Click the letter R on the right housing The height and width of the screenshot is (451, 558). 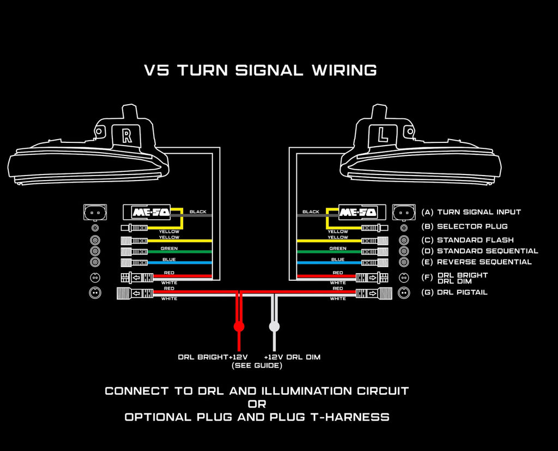(127, 135)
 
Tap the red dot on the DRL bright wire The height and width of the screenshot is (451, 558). (239, 327)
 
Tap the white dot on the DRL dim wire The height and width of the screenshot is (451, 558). (275, 327)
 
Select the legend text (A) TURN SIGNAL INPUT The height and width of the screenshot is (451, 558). (471, 212)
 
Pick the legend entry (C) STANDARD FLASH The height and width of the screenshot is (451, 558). (468, 240)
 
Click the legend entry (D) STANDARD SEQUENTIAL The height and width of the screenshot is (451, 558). (480, 251)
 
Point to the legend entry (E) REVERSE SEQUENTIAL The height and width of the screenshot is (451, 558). (476, 262)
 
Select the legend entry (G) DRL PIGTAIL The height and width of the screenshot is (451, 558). (454, 292)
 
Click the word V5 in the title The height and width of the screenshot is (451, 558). (157, 70)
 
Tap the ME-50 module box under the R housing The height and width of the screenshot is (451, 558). (147, 212)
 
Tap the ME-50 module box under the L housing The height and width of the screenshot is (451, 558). (357, 212)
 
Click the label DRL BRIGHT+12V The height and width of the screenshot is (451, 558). (210, 357)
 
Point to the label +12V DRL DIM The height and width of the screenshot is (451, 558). (292, 357)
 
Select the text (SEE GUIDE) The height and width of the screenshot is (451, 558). (257, 365)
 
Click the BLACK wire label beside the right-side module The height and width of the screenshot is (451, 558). (311, 212)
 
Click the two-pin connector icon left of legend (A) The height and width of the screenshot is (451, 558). (404, 212)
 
